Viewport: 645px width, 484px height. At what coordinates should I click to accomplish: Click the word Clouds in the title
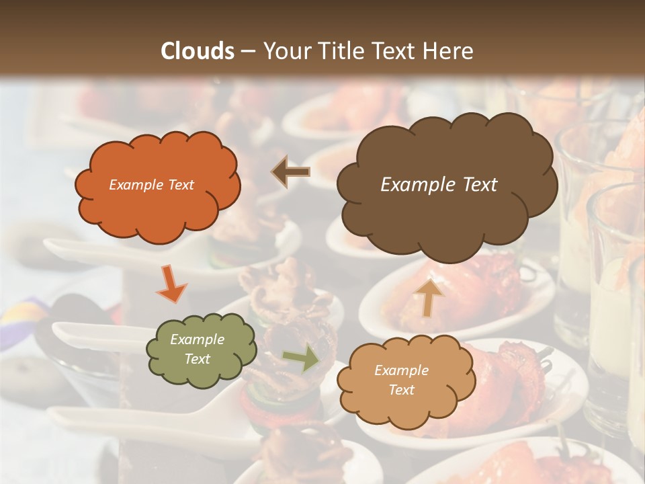coord(198,51)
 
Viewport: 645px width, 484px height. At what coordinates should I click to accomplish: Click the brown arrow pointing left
coord(291,172)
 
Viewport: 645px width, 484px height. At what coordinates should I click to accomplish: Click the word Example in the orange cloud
coord(134,185)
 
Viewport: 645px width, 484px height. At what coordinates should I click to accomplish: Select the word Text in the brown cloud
coord(478,185)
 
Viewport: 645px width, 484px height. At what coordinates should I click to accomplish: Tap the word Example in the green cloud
coord(197,339)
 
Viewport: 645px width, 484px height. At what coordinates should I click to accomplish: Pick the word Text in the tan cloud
coord(401,390)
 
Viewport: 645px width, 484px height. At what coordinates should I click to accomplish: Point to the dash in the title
coord(247,51)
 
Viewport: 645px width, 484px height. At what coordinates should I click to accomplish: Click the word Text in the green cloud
coord(197,359)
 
